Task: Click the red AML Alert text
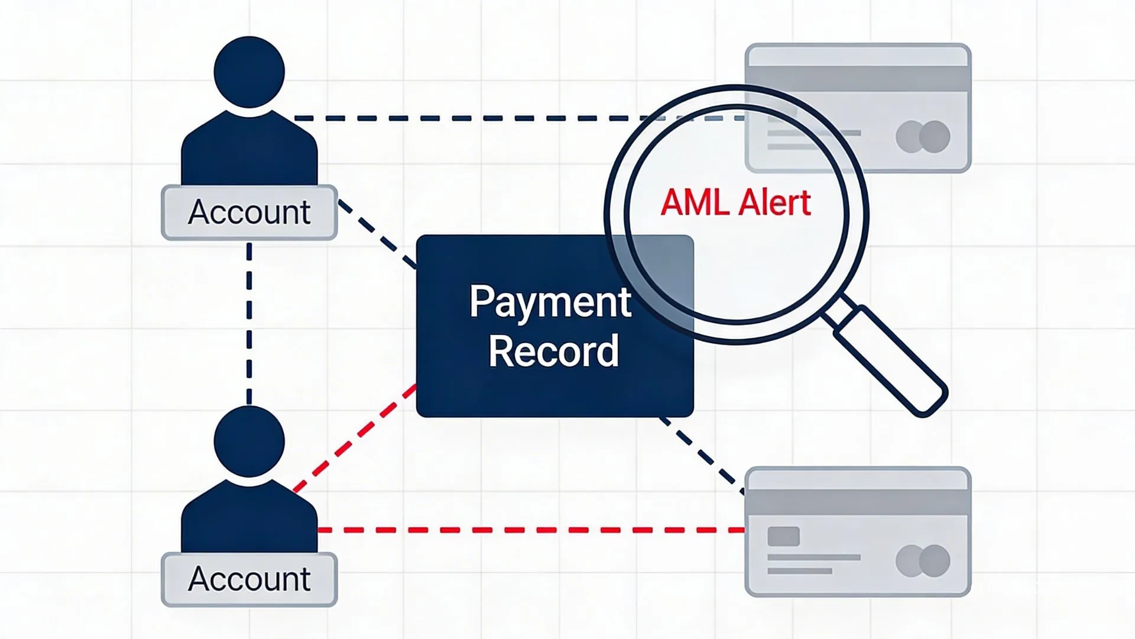click(735, 202)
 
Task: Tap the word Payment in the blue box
click(550, 302)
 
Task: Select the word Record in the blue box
click(553, 351)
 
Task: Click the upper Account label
click(249, 212)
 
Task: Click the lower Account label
click(249, 579)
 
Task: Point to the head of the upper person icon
click(249, 72)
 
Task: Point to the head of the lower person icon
click(249, 441)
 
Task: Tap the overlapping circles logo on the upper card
click(923, 137)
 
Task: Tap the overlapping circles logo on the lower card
click(923, 560)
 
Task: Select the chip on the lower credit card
click(783, 537)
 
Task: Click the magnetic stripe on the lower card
click(857, 503)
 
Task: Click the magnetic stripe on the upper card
click(857, 79)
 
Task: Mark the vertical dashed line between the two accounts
click(249, 322)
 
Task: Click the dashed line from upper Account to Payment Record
click(377, 234)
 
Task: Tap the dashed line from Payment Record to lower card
click(702, 454)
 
